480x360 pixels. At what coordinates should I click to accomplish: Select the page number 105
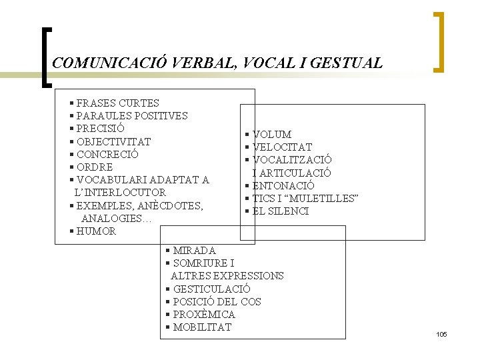click(x=441, y=334)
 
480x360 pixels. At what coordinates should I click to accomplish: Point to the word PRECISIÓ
click(x=101, y=129)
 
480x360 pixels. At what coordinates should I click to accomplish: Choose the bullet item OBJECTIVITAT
click(x=113, y=141)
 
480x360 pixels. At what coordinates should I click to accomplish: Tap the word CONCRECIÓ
click(x=107, y=154)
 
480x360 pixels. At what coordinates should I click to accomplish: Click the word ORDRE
click(x=95, y=167)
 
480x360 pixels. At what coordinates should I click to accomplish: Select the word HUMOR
click(x=96, y=231)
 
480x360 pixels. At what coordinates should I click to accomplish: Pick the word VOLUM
click(x=272, y=135)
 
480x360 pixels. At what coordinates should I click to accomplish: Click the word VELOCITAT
click(x=282, y=147)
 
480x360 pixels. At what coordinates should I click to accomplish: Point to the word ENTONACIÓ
click(x=283, y=186)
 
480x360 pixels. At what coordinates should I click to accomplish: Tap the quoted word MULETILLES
click(x=326, y=199)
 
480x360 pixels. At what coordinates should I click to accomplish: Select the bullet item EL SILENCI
click(x=281, y=211)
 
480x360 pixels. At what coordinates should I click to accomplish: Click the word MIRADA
click(x=194, y=251)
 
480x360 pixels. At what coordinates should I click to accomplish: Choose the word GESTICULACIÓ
click(x=211, y=289)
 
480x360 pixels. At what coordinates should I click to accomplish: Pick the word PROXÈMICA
click(x=204, y=315)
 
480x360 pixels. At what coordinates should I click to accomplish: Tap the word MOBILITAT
click(x=202, y=327)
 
